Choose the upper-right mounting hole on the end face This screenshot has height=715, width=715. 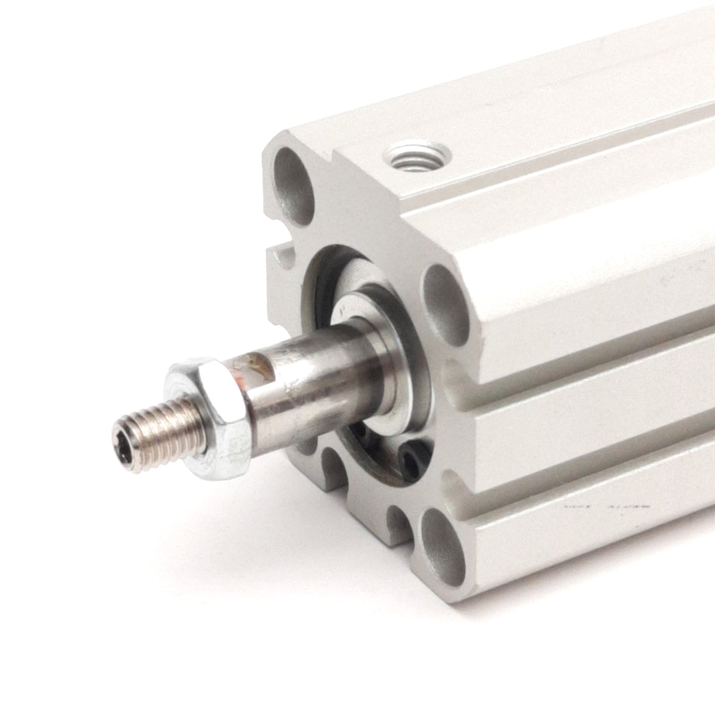click(446, 305)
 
